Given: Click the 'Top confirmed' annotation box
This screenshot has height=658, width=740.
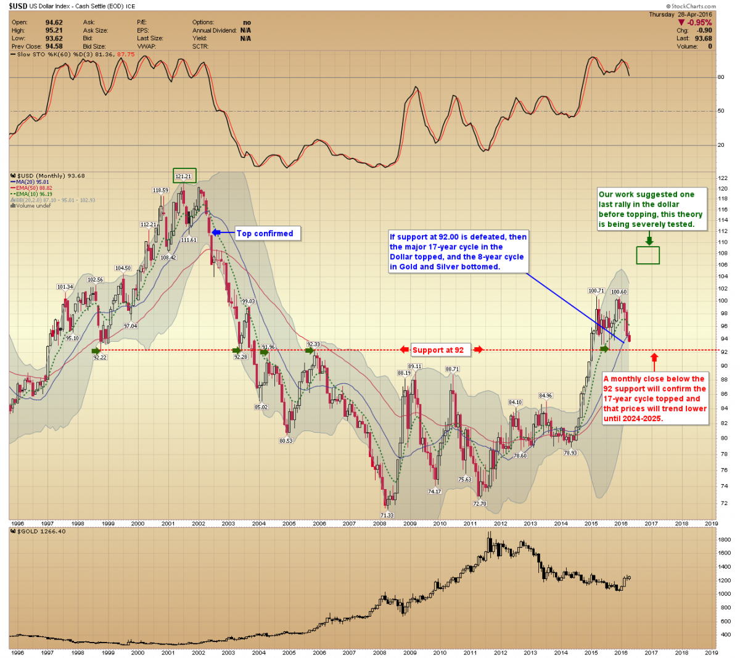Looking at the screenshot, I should (x=265, y=234).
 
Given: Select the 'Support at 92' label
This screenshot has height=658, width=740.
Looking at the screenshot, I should (x=438, y=350).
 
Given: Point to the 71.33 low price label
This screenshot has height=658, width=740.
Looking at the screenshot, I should (x=387, y=516).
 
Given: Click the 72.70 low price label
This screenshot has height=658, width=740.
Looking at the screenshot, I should (x=480, y=504).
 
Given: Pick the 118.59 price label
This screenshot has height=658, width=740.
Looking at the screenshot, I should (x=160, y=191).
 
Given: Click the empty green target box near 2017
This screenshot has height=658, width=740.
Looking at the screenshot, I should (x=648, y=255).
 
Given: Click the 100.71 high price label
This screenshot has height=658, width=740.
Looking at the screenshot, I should (x=596, y=291).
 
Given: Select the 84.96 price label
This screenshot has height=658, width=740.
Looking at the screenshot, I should (x=545, y=396).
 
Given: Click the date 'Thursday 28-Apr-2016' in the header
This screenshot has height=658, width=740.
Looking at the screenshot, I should (x=680, y=14).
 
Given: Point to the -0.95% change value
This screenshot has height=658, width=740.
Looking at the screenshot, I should (x=699, y=23).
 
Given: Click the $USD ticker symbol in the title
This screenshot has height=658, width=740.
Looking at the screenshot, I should (x=18, y=6).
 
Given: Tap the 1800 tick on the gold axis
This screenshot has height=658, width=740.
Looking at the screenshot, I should (x=724, y=540).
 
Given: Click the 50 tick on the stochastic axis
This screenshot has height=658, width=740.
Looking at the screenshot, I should (x=721, y=111).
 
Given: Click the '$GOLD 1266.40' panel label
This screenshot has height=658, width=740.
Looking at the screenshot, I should (x=38, y=532).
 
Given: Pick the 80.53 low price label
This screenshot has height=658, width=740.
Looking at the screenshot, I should (x=286, y=441).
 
